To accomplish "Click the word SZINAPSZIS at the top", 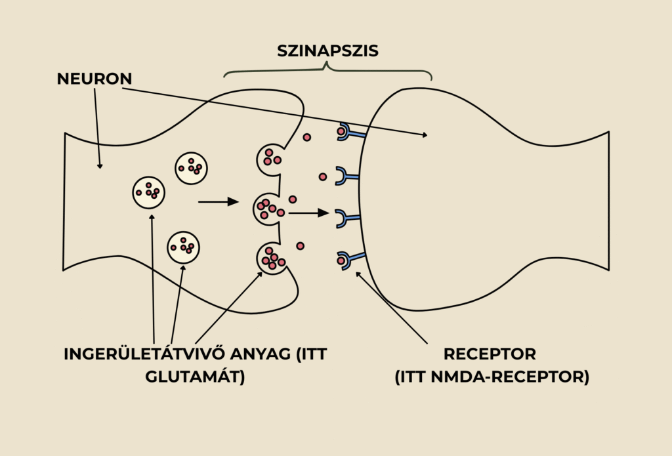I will coord(327,51).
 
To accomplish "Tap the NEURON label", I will coord(94,79).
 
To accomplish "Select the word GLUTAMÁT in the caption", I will coord(196,377).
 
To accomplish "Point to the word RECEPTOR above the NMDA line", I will coord(490,354).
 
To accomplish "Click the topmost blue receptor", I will coord(348,134).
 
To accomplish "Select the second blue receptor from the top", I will coord(347,176).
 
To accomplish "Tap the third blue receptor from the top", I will coord(347,218).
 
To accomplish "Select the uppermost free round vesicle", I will coord(191,169).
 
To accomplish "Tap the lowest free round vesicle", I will coord(183,247).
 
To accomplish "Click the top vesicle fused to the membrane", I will coord(270,157).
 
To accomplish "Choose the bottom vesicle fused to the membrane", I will coord(271,259).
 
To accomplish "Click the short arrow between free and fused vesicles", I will coord(219,201).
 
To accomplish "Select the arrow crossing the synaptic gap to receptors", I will coord(308,213).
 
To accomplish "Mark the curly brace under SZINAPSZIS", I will coord(327,71).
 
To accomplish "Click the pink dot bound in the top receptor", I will coord(341,132).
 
